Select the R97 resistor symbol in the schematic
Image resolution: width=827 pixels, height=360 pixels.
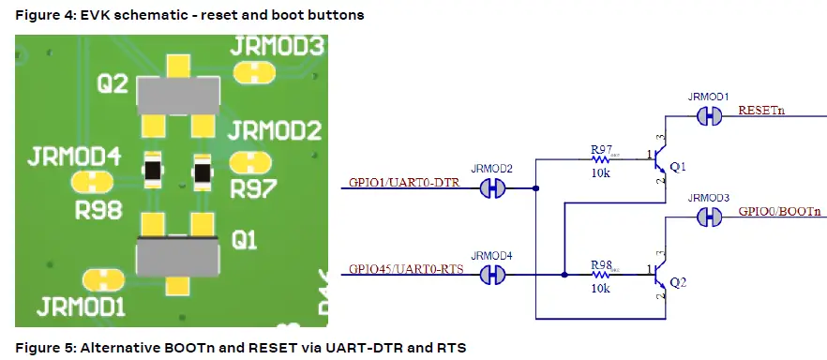(x=601, y=160)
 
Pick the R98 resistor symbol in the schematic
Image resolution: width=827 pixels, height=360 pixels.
(x=601, y=275)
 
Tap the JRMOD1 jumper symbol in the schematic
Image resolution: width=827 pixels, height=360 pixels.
(x=708, y=116)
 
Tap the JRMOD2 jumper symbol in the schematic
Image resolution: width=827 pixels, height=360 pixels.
(x=492, y=188)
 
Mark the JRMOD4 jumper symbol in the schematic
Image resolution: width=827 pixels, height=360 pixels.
(x=492, y=275)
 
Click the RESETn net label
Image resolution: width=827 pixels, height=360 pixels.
(x=761, y=111)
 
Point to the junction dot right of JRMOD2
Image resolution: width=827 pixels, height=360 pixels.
(x=535, y=188)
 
